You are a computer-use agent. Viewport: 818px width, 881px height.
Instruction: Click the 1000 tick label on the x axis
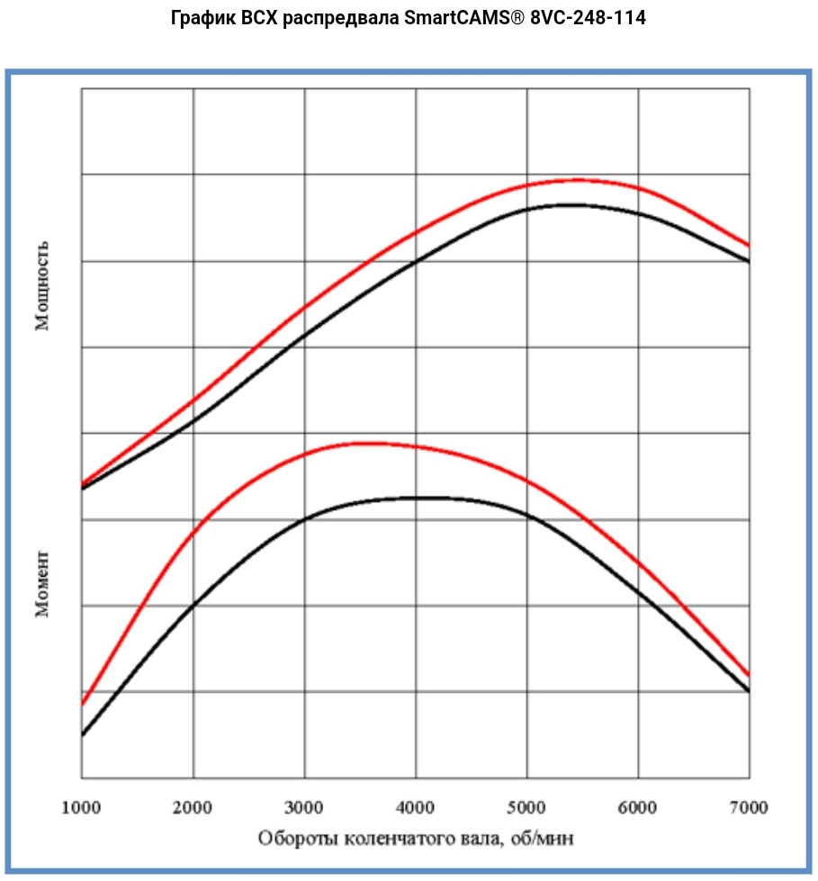click(x=82, y=807)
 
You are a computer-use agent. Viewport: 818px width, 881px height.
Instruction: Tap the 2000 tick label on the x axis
click(x=193, y=807)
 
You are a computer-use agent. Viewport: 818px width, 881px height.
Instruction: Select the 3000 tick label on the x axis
click(x=304, y=807)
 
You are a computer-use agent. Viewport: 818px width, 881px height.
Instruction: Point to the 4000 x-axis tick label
click(x=416, y=807)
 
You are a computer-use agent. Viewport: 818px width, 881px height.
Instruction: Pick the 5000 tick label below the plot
click(x=527, y=807)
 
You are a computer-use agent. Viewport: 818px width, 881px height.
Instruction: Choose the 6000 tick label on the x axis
click(x=638, y=807)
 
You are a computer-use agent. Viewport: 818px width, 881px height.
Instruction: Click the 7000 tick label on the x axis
click(x=749, y=807)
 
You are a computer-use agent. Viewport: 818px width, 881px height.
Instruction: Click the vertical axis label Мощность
click(x=42, y=285)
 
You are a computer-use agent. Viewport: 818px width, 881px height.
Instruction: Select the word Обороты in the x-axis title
click(x=293, y=839)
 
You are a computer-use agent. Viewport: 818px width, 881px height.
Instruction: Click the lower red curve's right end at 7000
click(x=749, y=674)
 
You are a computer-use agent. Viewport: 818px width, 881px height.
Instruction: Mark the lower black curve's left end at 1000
click(x=82, y=735)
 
